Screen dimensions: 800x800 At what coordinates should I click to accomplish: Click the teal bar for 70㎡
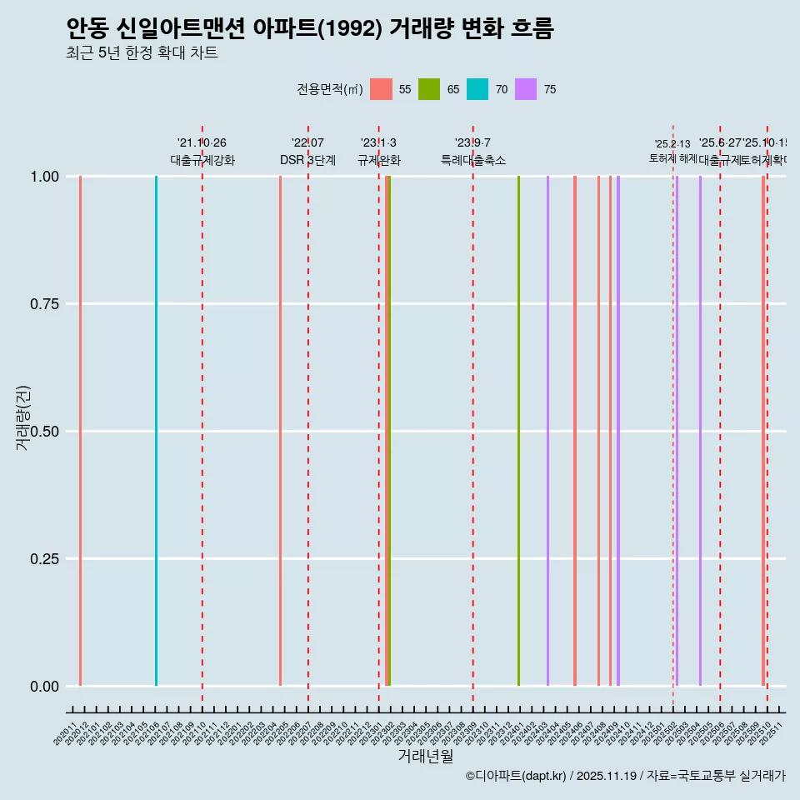pos(156,431)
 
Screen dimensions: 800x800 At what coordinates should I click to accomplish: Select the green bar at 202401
pos(518,431)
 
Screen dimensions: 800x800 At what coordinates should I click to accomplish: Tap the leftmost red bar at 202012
pos(80,431)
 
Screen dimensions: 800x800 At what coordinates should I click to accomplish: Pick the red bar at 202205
pos(280,431)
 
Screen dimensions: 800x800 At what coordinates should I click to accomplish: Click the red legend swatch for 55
pos(381,89)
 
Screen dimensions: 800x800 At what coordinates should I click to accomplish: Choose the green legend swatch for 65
pos(429,89)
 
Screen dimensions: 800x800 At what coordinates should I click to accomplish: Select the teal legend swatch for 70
pos(477,89)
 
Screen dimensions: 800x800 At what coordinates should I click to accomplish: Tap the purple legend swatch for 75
pos(526,89)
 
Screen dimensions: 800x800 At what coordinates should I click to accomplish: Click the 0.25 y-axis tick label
pos(42,559)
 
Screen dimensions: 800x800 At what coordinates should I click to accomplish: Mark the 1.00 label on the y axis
pos(42,177)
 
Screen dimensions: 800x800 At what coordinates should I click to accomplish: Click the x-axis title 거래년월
pos(425,757)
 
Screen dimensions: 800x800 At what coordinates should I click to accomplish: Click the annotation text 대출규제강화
pos(202,160)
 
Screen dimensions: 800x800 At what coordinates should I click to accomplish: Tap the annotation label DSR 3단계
pos(307,160)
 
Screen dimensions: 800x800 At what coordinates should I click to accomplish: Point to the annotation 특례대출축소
pos(473,160)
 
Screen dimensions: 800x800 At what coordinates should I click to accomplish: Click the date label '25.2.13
pos(672,144)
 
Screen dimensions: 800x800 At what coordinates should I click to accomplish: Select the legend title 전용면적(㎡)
pos(329,89)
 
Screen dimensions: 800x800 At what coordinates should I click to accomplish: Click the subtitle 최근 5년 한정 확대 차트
pos(142,53)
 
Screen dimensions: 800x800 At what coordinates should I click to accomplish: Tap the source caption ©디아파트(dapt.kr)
pos(517,776)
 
